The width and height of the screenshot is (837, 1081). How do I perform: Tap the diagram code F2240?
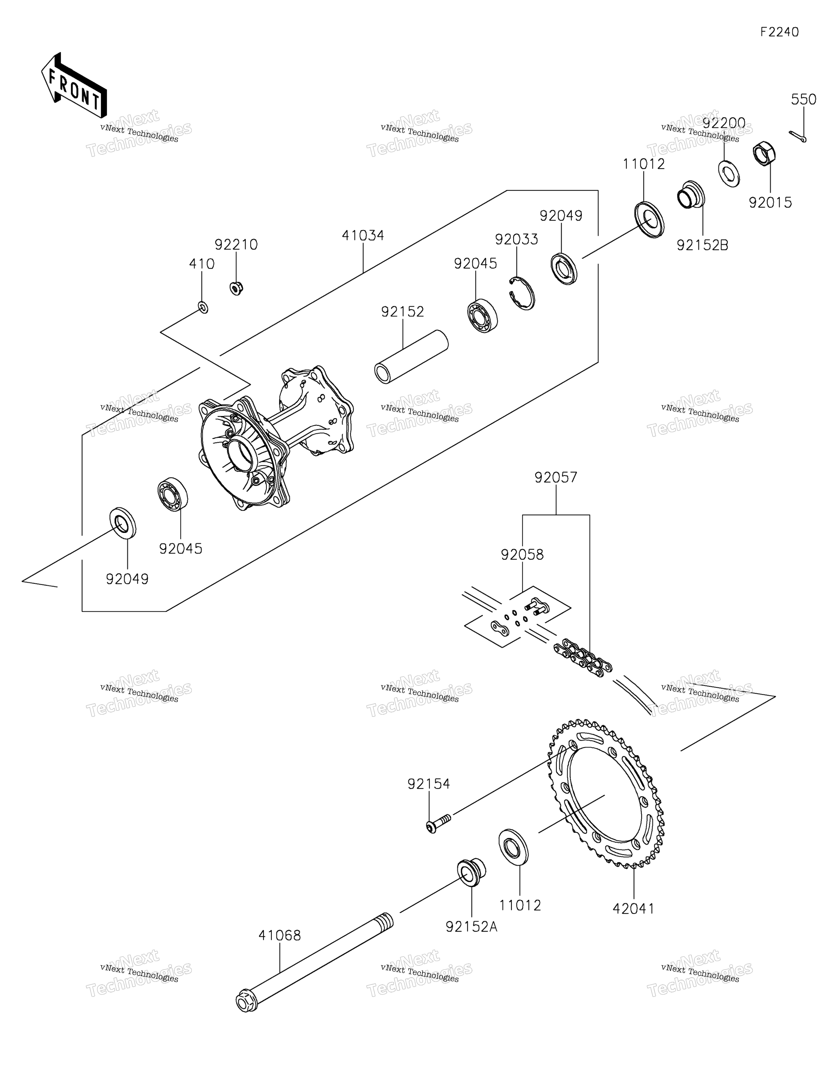tap(780, 32)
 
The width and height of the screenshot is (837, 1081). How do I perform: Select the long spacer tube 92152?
tap(411, 356)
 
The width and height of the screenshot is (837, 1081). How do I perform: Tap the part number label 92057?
tap(556, 478)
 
